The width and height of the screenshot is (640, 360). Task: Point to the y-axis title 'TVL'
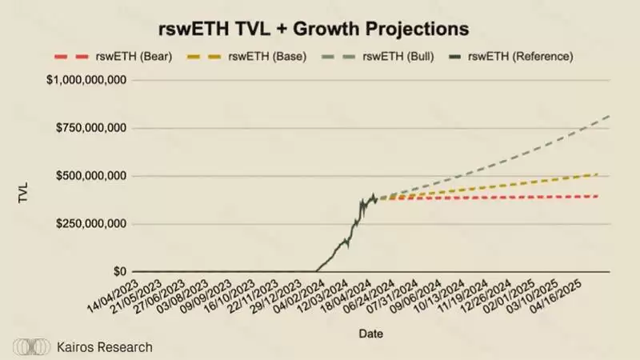point(24,193)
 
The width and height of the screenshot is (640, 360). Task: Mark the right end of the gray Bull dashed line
point(610,117)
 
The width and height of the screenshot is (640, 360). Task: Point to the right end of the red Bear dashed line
point(598,196)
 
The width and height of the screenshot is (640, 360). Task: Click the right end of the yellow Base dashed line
point(598,174)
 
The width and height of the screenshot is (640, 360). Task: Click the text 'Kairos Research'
point(104,347)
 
